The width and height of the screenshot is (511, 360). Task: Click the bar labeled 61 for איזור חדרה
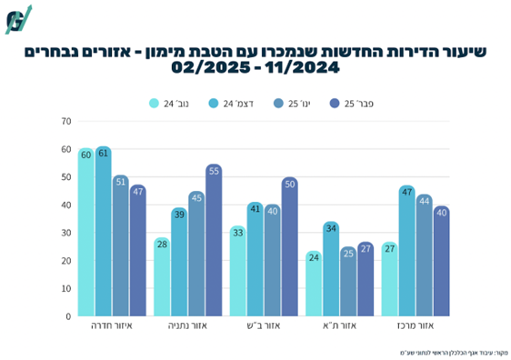pos(103,232)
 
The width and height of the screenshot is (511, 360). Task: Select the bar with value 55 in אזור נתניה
pos(214,241)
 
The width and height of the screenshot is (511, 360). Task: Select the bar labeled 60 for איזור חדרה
pos(85,233)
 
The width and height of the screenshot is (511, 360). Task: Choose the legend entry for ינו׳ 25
pos(293,104)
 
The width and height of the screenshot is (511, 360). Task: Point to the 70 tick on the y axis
pos(65,121)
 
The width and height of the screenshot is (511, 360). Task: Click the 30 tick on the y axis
pos(65,233)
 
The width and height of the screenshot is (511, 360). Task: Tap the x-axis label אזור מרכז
pos(416,325)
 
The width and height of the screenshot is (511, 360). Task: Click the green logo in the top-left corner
pos(18,18)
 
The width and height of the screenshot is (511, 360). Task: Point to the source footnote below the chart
pos(452,351)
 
